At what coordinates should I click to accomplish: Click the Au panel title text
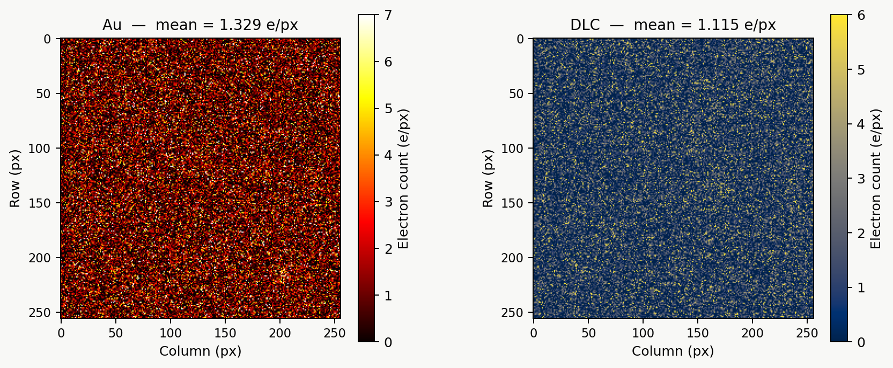(200, 25)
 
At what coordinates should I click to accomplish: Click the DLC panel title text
(673, 25)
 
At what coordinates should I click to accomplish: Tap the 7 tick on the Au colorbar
(388, 15)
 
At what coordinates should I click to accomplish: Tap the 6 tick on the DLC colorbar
(861, 15)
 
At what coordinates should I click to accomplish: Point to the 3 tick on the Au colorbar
(388, 202)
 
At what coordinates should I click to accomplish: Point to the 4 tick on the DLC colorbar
(861, 124)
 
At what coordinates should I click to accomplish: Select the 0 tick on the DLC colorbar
(861, 342)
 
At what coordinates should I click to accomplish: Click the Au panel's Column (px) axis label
(200, 351)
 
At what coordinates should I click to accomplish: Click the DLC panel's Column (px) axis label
(673, 351)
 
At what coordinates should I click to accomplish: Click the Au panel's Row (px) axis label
(14, 179)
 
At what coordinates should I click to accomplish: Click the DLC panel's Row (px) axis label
(487, 179)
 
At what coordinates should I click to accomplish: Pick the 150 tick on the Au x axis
(225, 333)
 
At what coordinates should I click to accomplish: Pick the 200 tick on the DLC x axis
(752, 333)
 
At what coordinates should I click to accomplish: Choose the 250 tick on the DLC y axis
(512, 313)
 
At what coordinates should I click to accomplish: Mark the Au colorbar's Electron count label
(403, 179)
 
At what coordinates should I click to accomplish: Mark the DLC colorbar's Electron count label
(876, 179)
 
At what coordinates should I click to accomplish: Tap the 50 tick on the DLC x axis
(588, 333)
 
